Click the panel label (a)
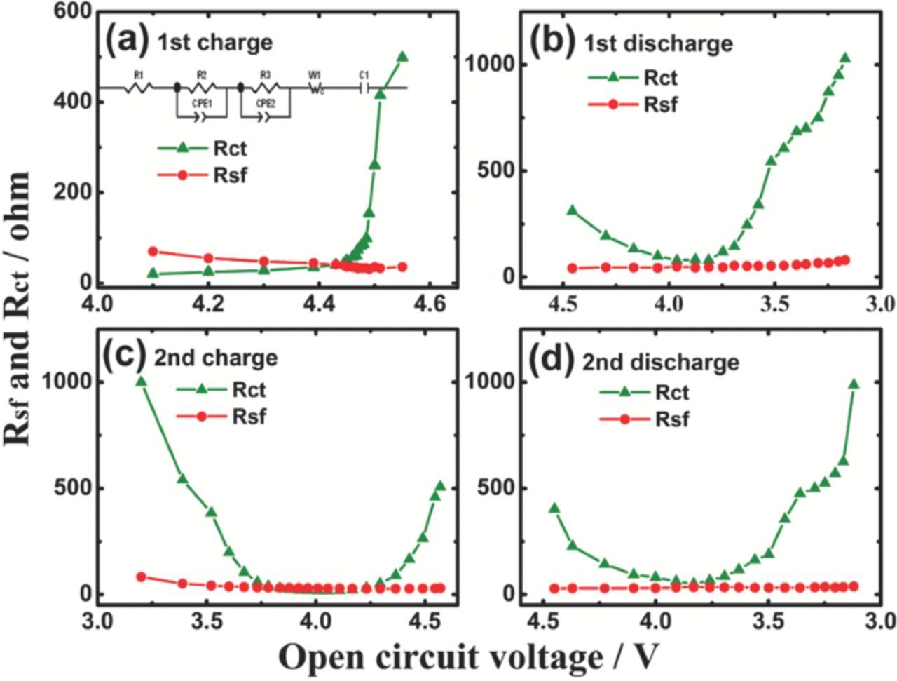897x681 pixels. pos(127,41)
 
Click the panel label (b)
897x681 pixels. pos(554,41)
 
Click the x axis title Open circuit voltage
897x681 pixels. pos(468,657)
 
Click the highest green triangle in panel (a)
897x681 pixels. pos(402,57)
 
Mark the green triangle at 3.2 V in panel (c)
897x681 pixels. pos(141,381)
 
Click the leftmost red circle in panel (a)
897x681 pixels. pos(153,251)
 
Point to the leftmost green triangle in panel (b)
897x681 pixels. pos(572,210)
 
